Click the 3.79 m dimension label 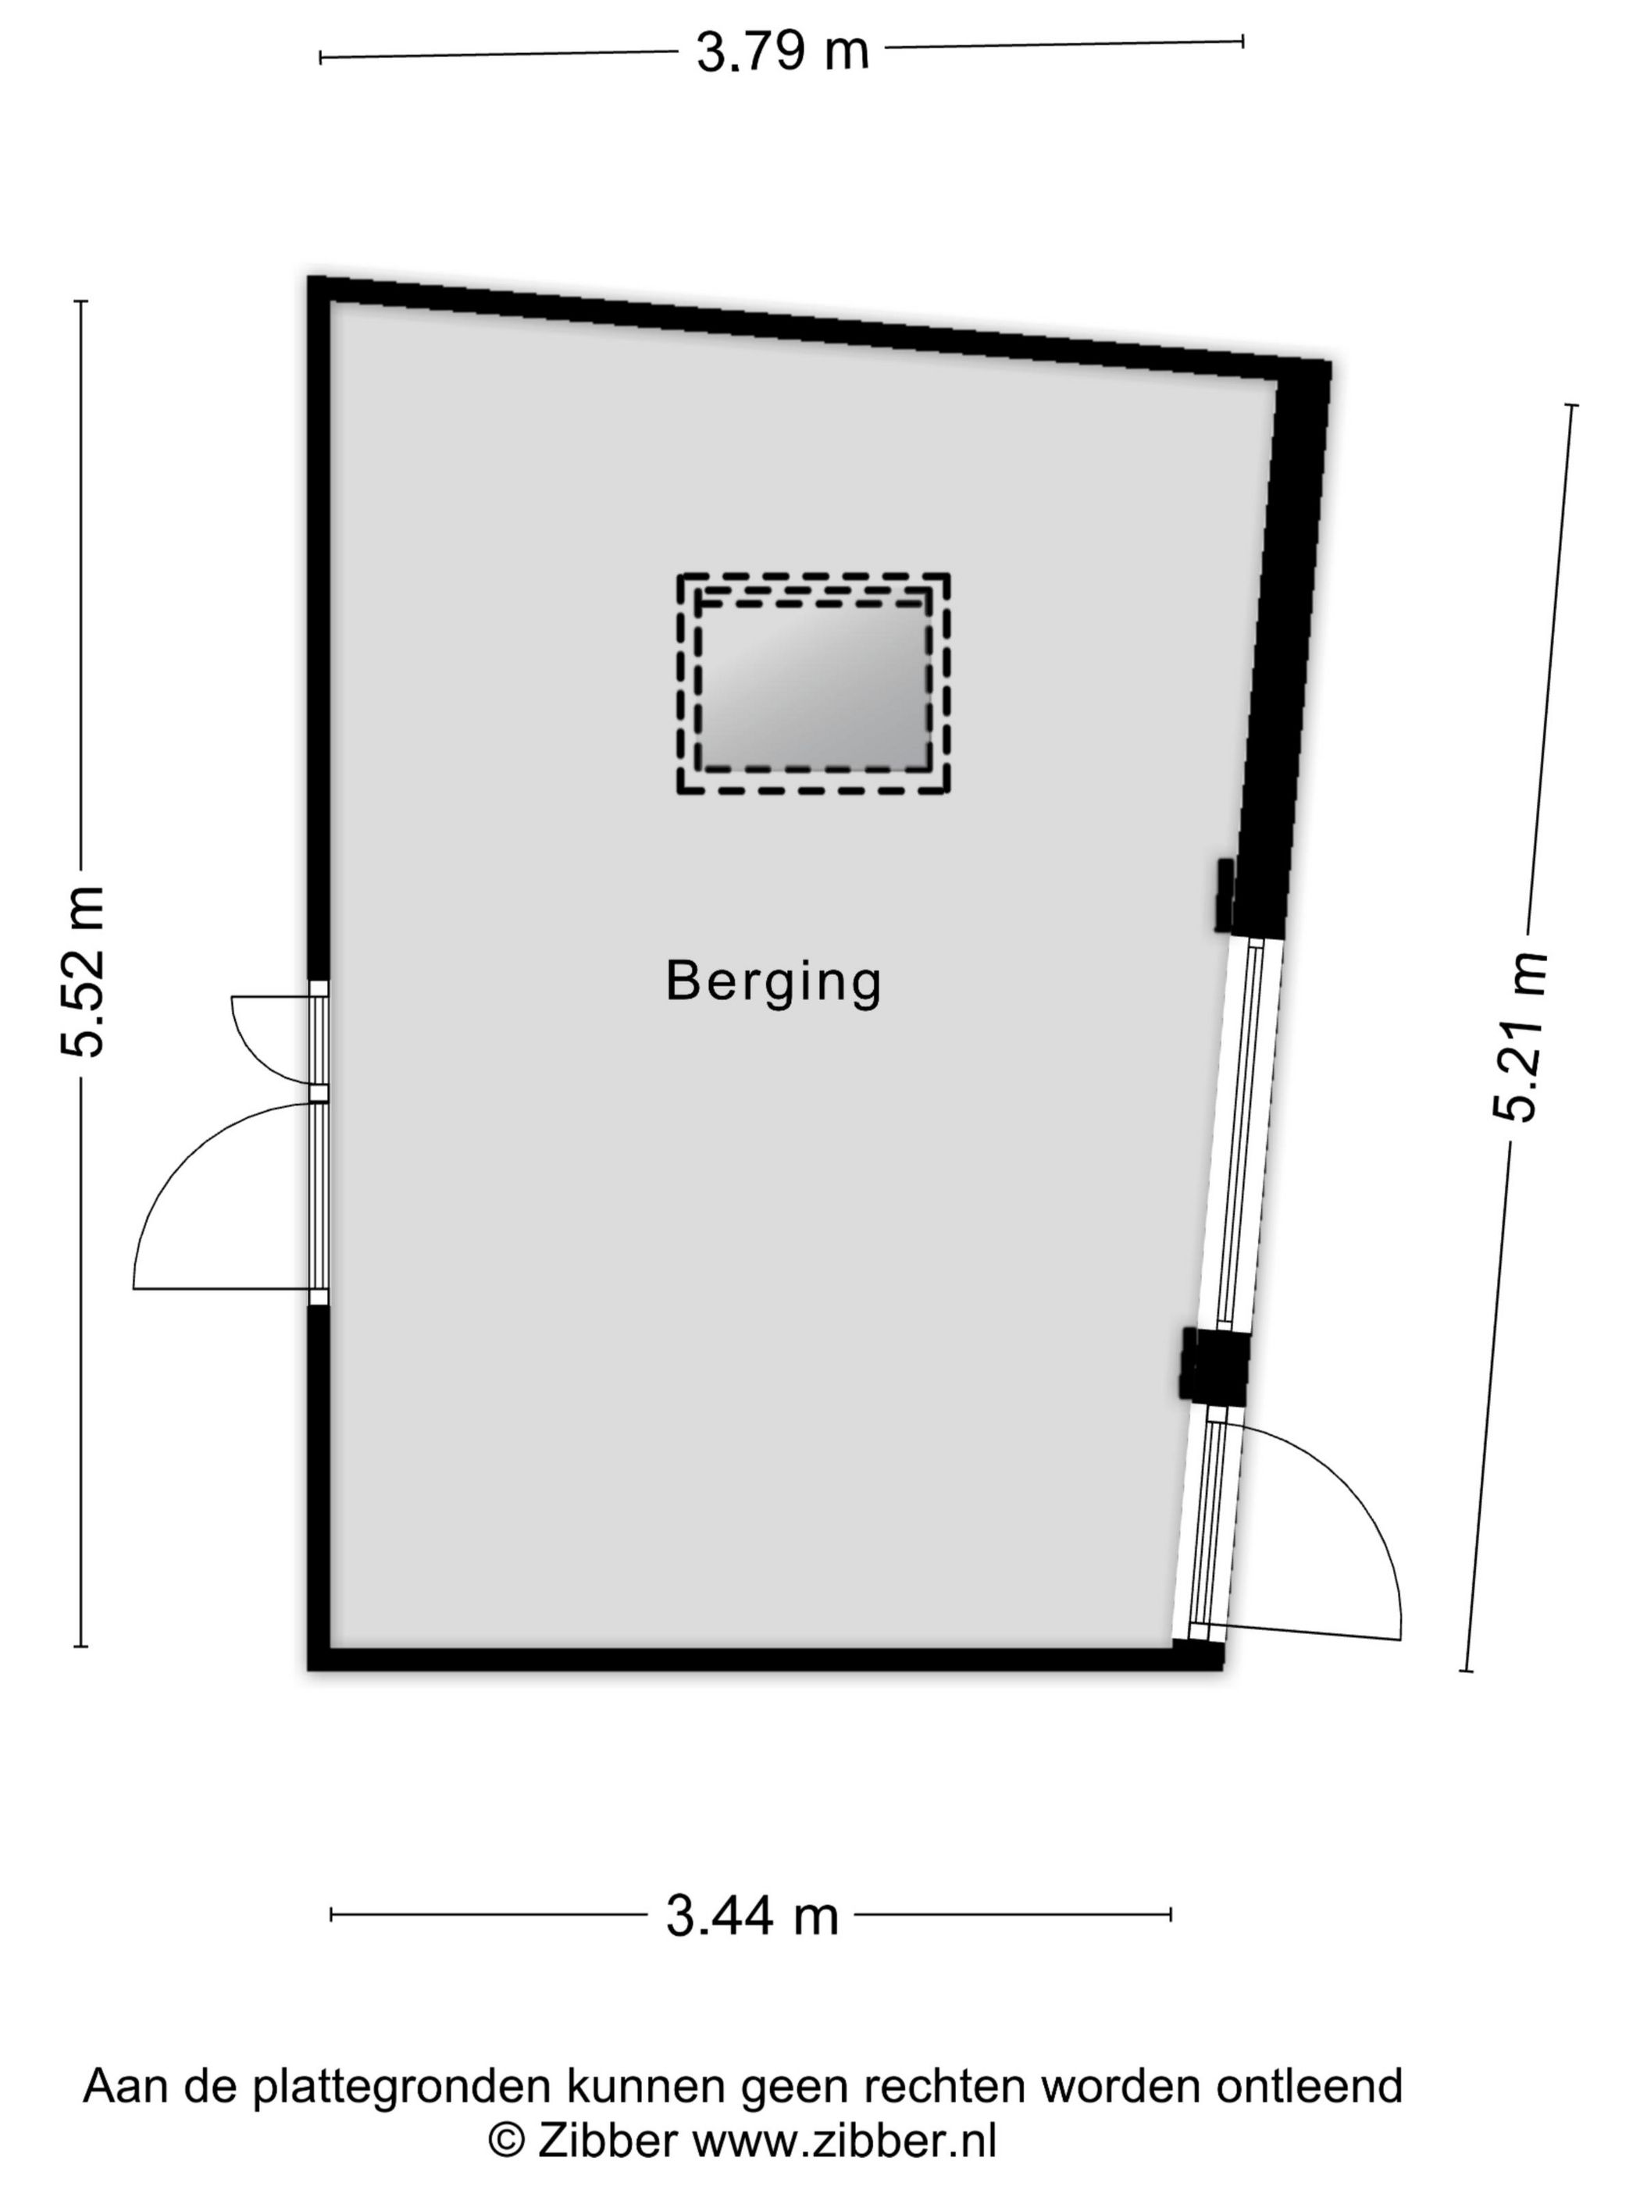click(782, 52)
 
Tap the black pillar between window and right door click(1216, 1365)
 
